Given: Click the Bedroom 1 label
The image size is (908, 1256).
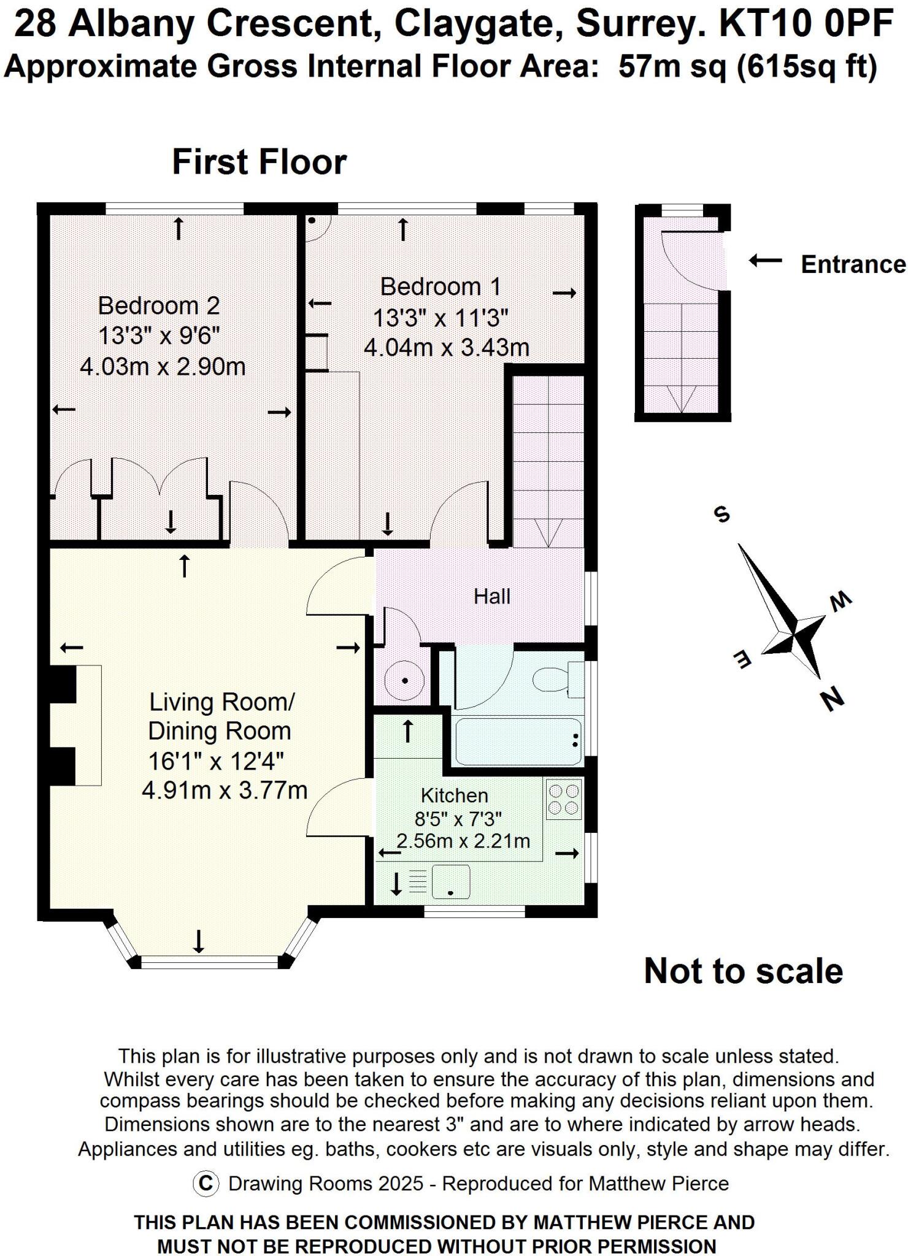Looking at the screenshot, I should coord(441,287).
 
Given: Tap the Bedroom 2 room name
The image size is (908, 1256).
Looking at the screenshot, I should coord(158,305).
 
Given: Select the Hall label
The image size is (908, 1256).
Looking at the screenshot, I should coord(491,596).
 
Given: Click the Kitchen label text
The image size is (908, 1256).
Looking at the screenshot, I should coord(454,795).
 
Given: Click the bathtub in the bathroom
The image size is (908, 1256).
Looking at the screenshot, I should coord(518,741).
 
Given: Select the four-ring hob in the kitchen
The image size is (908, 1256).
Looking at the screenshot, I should coord(563,798).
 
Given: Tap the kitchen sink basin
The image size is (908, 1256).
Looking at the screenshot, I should coord(451,881).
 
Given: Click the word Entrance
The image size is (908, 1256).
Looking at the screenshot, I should coord(853,264).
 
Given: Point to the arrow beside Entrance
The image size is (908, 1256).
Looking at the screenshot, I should coord(765,261).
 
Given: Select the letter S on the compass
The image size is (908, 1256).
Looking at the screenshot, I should coord(722,514).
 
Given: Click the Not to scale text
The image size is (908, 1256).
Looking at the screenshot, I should coord(743,971).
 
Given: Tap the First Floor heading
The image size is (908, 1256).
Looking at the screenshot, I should coord(259,162).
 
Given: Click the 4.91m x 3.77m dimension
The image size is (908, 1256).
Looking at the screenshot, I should coord(225,790).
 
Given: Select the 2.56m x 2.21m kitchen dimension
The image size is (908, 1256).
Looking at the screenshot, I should coord(463,840).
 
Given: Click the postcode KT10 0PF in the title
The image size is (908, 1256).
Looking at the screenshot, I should coord(805,25).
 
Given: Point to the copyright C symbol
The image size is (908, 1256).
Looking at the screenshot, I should coord(206,1184).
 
